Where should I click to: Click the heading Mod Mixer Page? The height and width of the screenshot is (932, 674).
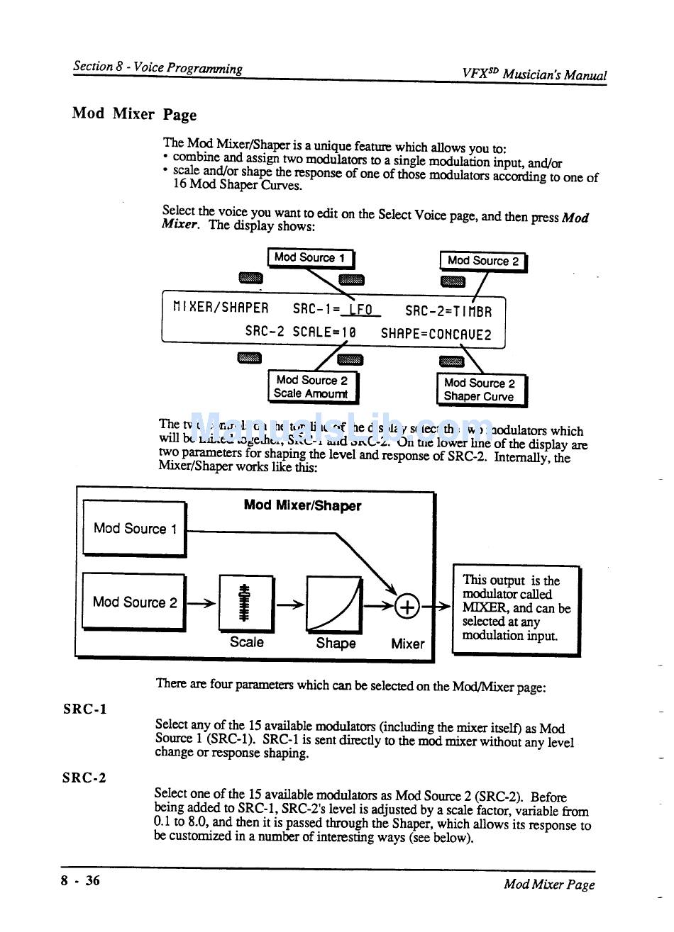(134, 114)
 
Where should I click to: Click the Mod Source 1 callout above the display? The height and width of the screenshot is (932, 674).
(310, 258)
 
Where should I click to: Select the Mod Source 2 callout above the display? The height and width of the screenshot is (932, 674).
(482, 261)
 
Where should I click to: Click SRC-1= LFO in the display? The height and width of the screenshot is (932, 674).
(336, 310)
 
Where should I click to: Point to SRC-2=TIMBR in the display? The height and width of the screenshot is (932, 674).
(448, 310)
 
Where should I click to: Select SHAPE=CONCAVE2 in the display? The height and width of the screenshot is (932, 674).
(436, 334)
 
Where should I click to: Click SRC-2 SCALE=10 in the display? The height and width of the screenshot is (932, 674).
(300, 332)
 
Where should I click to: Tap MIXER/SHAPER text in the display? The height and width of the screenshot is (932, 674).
(221, 308)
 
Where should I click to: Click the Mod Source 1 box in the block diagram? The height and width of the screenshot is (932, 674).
(134, 528)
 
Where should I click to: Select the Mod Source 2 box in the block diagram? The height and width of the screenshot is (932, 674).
(134, 602)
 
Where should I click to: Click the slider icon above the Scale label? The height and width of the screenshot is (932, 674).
(245, 602)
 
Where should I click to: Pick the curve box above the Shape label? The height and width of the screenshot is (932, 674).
(334, 604)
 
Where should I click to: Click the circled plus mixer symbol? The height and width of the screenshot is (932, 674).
(408, 607)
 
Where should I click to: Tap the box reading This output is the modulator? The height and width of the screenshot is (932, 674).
(516, 610)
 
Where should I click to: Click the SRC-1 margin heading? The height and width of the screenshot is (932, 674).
(84, 709)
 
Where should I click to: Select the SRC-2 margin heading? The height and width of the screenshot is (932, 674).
(84, 777)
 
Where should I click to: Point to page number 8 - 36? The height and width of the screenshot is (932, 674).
(80, 881)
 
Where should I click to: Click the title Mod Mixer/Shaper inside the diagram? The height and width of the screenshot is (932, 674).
(302, 505)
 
